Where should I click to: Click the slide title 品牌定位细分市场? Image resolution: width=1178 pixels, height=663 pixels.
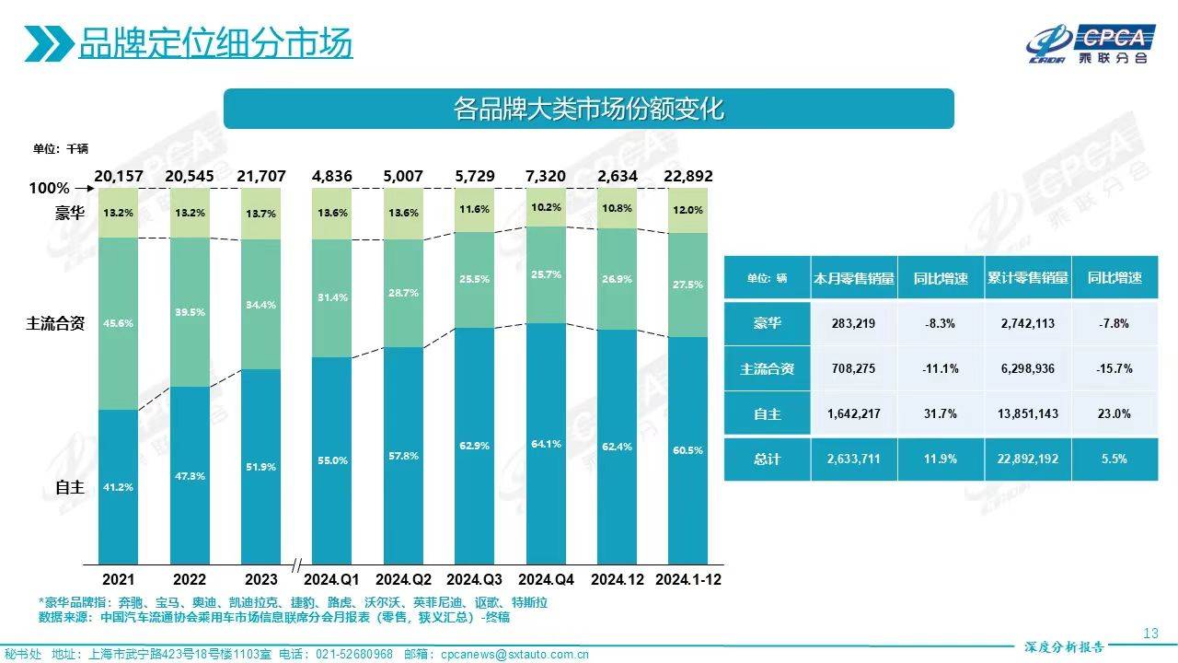[x=215, y=42]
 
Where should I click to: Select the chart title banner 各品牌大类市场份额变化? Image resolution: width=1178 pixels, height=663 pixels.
[x=589, y=109]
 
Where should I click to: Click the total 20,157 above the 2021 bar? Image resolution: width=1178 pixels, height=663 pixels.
[x=118, y=176]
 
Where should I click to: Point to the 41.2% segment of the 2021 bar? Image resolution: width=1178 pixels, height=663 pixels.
[x=118, y=486]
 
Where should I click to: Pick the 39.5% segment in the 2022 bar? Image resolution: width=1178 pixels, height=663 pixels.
[x=190, y=312]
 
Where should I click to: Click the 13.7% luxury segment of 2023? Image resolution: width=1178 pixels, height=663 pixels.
[x=261, y=213]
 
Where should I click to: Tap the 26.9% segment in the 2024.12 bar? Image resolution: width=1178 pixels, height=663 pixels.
[x=618, y=279]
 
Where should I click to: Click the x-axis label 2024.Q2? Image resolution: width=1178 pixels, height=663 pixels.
[x=403, y=579]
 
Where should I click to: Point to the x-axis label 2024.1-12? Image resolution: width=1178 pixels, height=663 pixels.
[x=688, y=579]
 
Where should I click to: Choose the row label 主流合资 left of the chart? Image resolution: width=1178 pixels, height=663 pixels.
[x=57, y=323]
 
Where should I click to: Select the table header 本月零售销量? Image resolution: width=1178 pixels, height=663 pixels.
[x=854, y=278]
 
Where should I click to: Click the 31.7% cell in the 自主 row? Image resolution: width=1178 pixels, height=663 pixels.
[x=941, y=413]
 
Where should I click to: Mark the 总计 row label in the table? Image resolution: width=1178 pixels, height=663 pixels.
[x=767, y=458]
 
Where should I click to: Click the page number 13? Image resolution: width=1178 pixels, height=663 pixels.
[x=1149, y=634]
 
